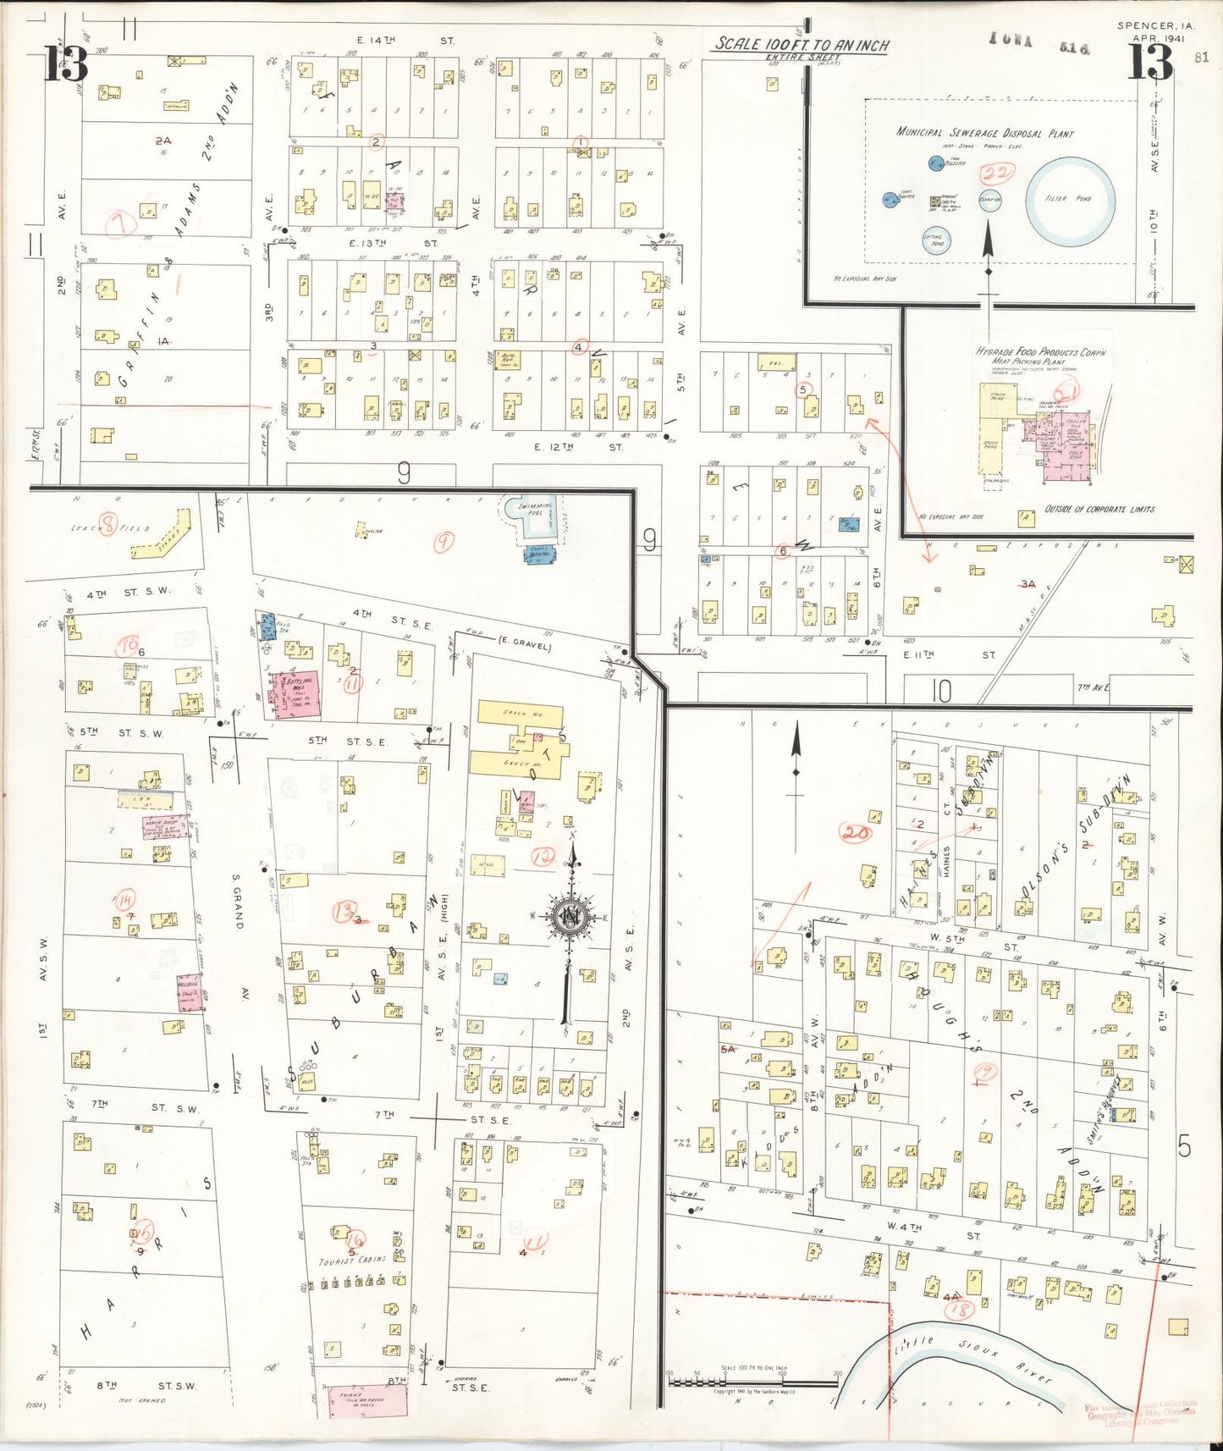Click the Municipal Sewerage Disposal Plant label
(985, 133)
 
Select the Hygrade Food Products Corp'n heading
(1040, 352)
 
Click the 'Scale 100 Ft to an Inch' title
(800, 45)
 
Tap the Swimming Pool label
(535, 510)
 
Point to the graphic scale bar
(753, 1382)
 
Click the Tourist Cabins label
(352, 1260)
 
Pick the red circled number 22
(997, 174)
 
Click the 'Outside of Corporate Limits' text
(1099, 509)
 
